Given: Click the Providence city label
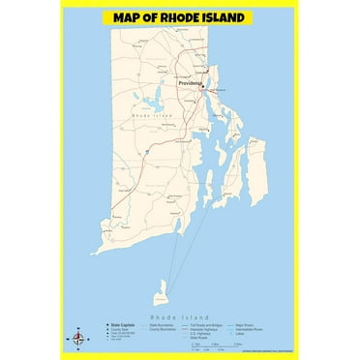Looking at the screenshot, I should click(x=189, y=84).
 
